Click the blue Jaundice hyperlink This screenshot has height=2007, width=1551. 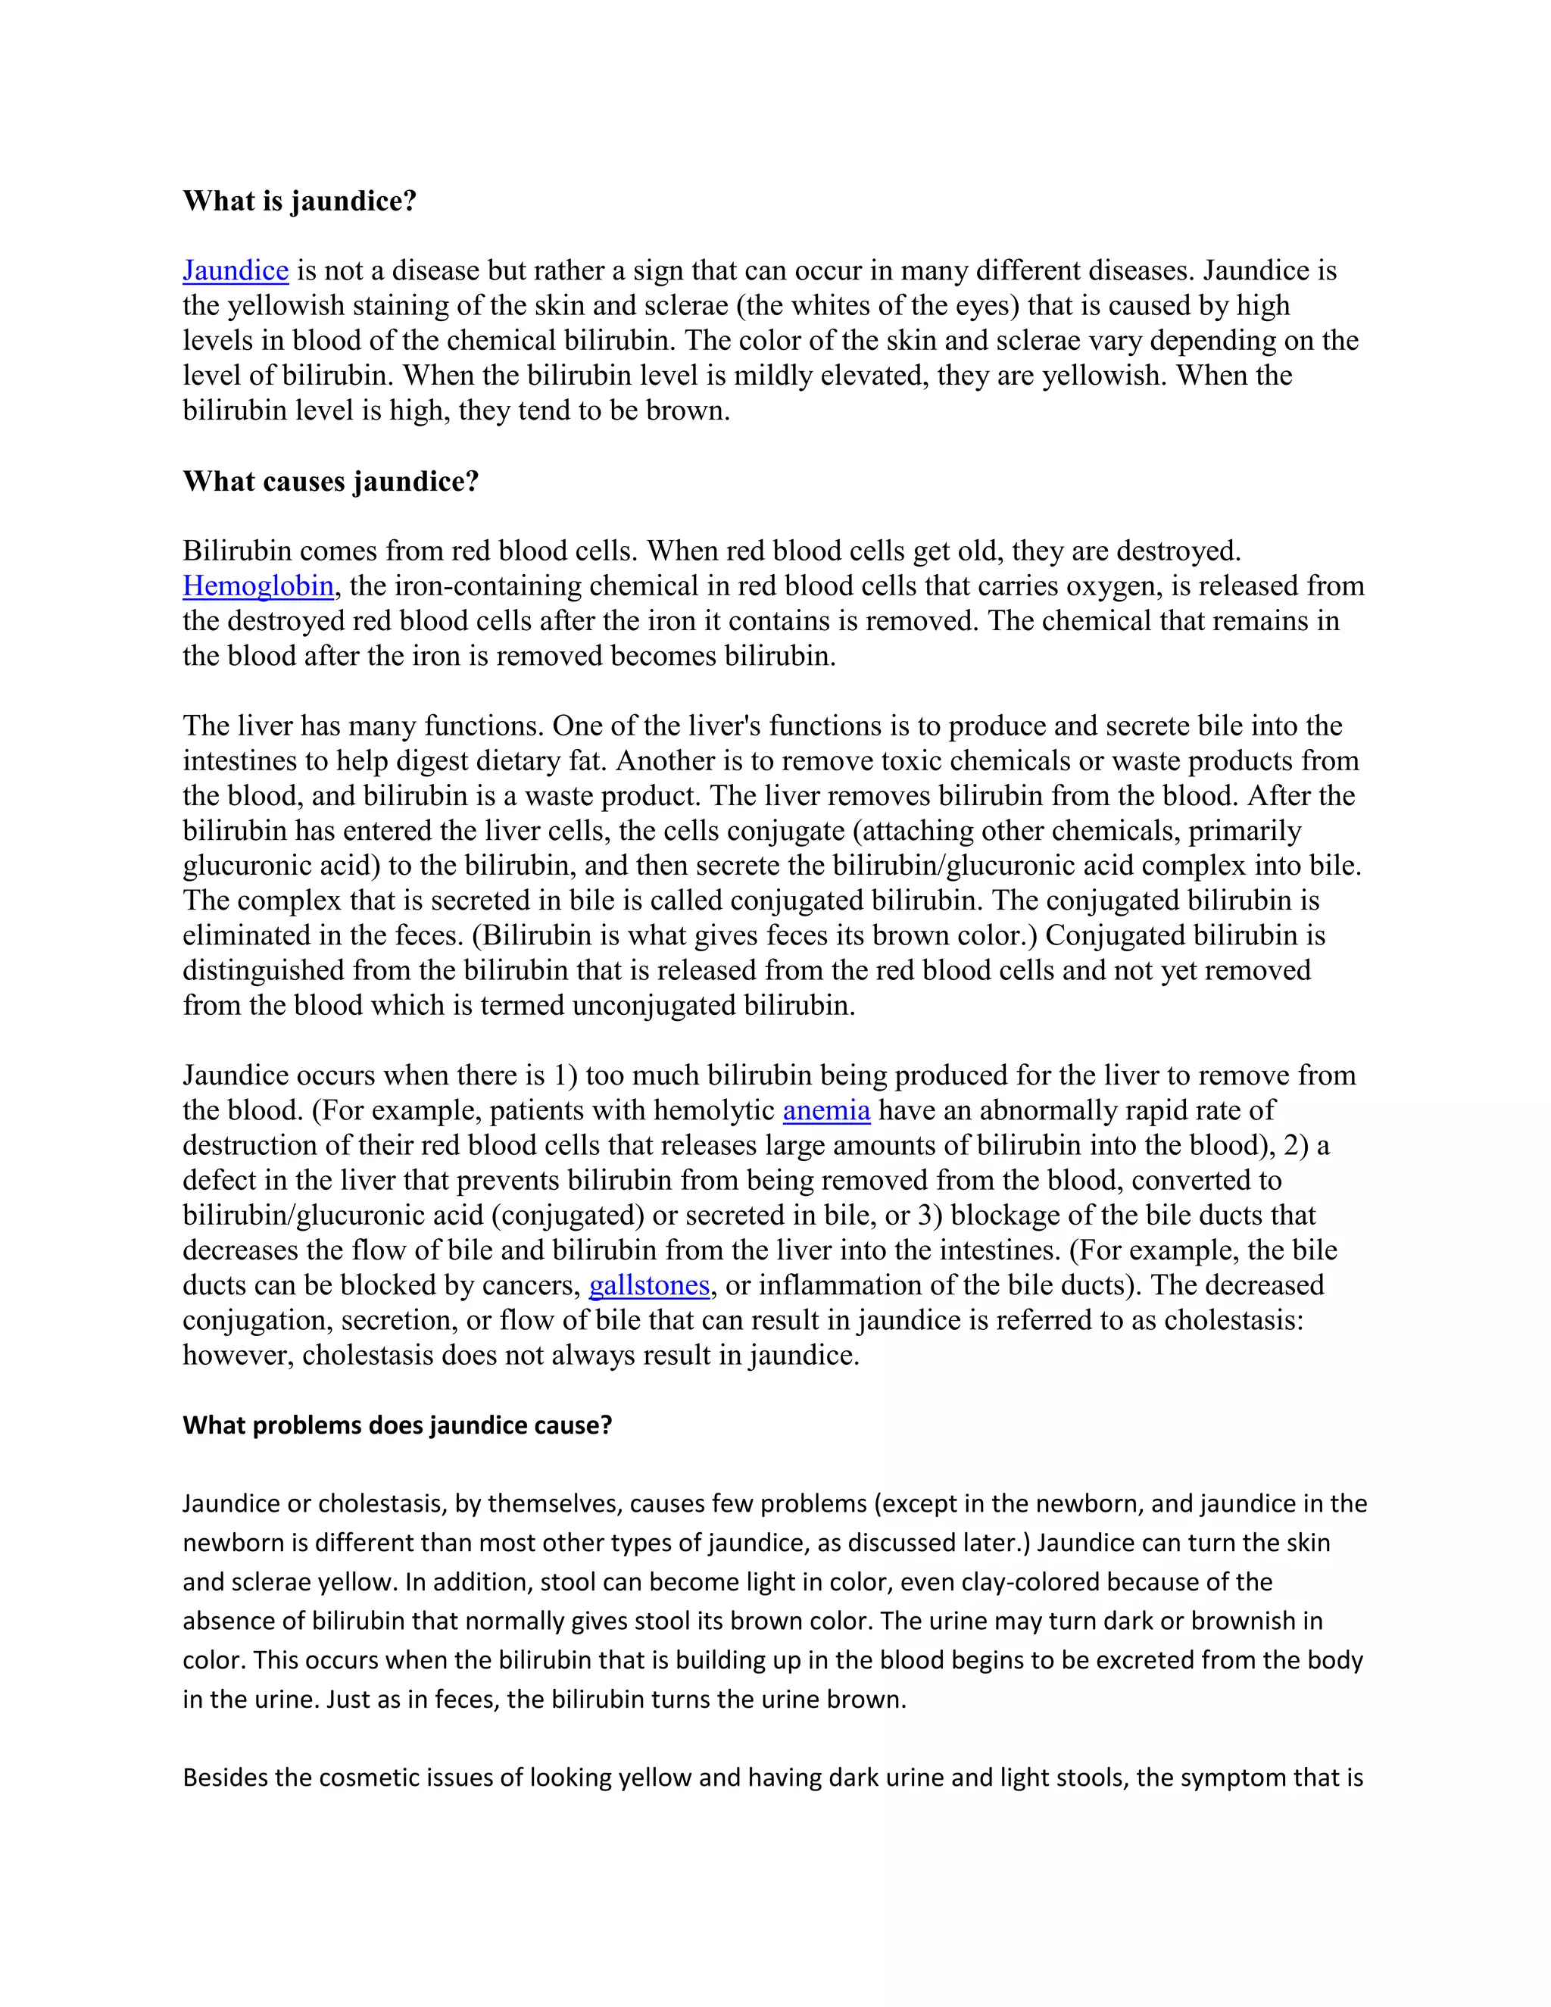236,270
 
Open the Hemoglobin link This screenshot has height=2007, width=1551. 258,585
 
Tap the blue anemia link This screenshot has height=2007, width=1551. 826,1110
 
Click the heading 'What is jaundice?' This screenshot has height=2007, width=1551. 300,201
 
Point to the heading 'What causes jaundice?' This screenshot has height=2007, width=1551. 331,481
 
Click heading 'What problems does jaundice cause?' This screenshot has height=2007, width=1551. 397,1425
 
